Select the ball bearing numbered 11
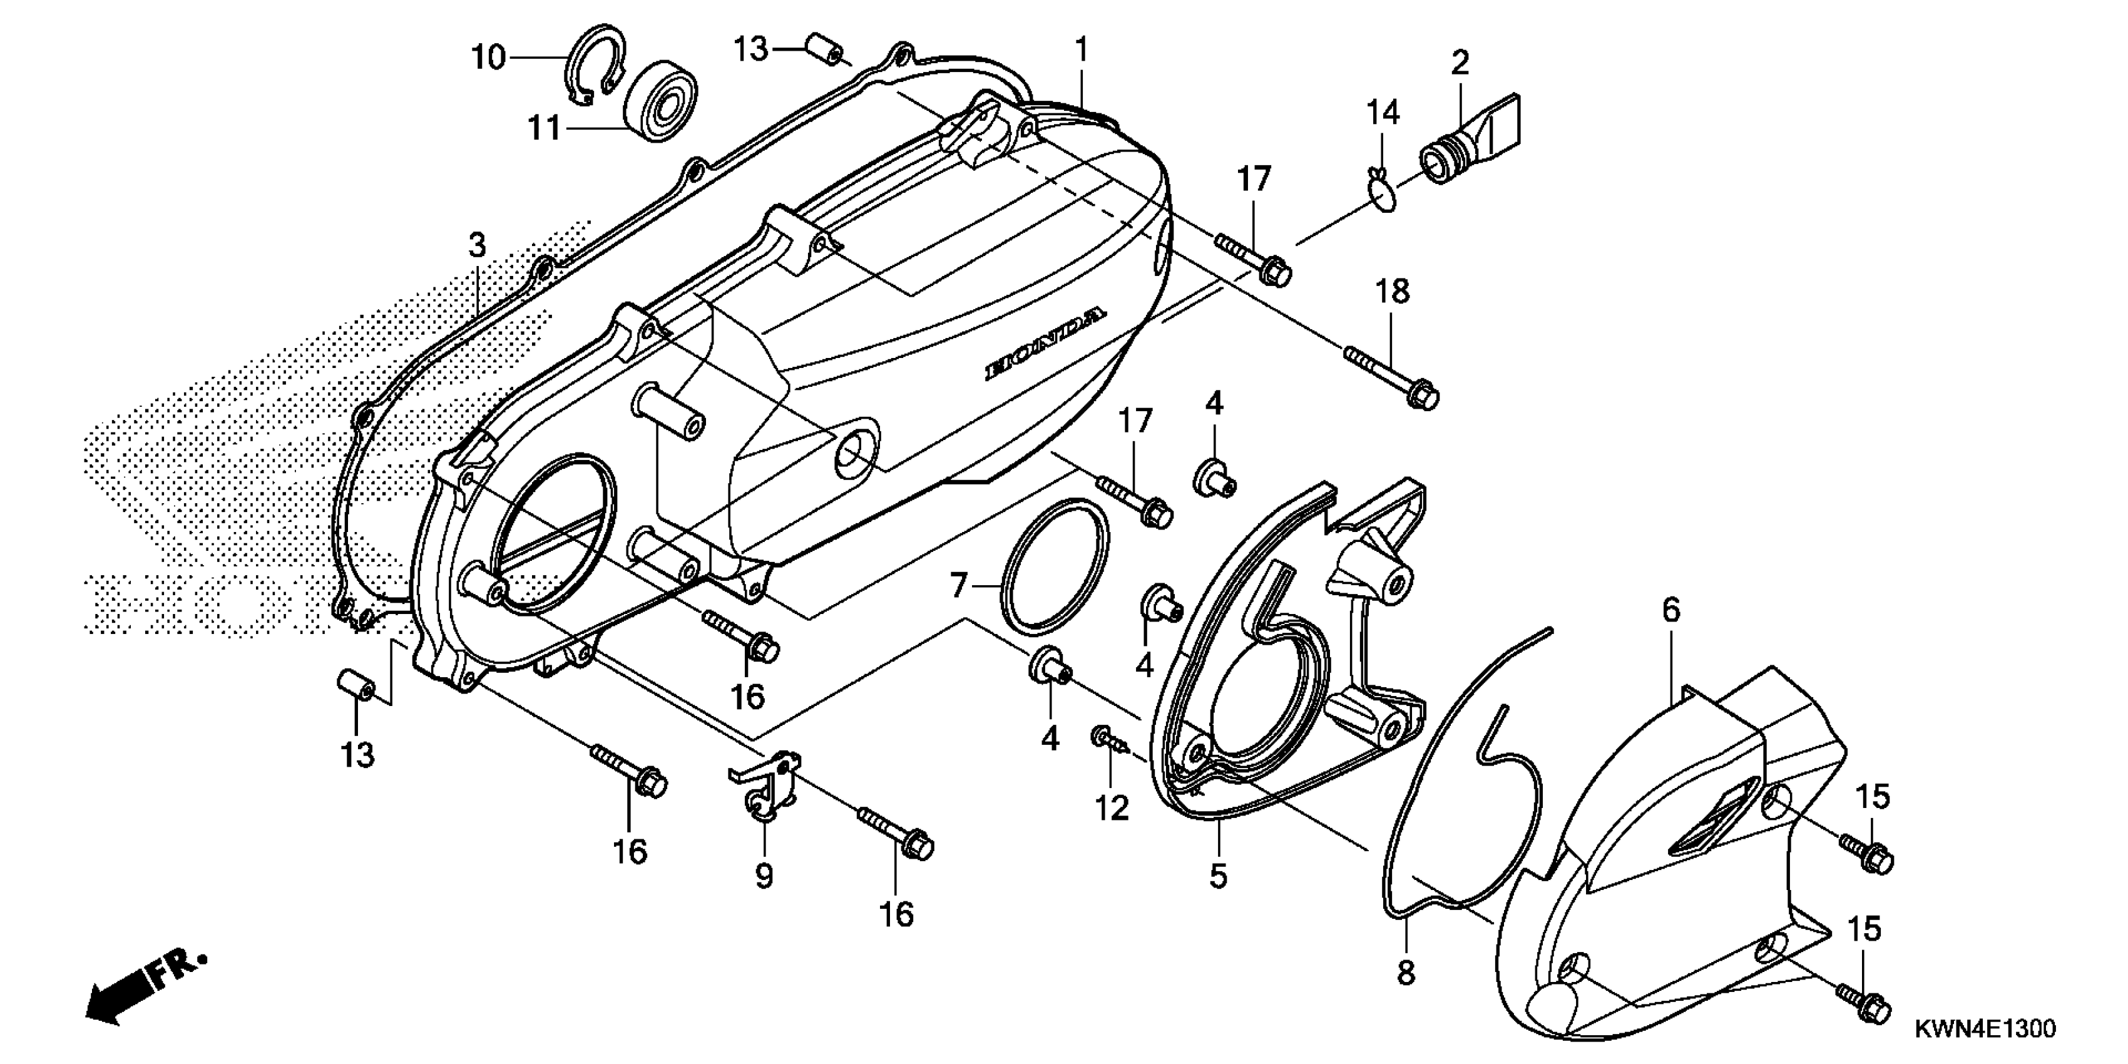(660, 100)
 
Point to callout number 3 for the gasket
(478, 245)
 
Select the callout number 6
(1671, 610)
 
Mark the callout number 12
(1112, 809)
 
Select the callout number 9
(764, 876)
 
